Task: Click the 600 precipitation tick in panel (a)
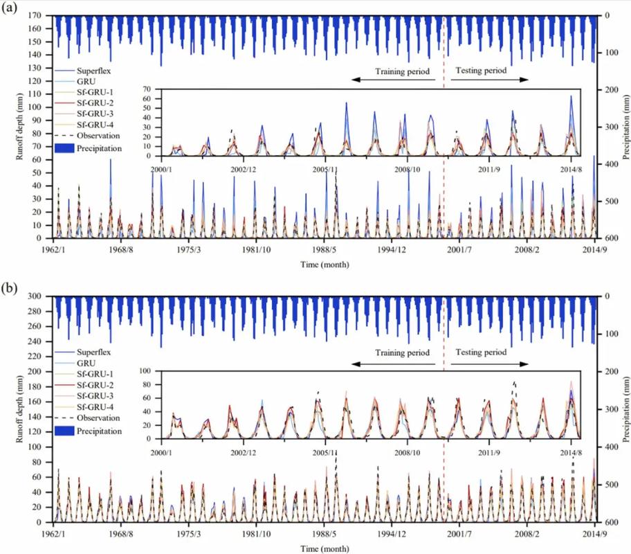coord(612,238)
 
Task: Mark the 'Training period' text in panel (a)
coord(402,71)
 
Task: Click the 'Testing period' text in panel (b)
coord(478,352)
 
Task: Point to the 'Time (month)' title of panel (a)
coord(324,265)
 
